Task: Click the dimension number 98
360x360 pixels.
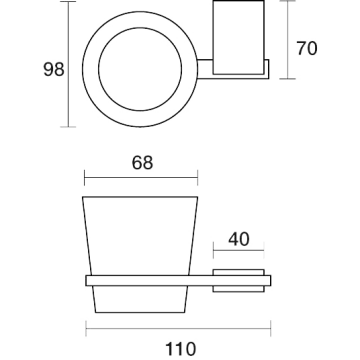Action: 54,70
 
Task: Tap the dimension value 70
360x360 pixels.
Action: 307,48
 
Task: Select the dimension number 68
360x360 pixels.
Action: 142,163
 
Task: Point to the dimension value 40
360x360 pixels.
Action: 239,239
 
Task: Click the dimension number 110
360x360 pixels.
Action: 180,349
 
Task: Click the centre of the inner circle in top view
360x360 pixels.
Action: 140,69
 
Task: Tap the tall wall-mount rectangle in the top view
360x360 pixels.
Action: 239,37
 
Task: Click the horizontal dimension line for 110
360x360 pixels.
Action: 178,328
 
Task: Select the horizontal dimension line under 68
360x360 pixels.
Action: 141,177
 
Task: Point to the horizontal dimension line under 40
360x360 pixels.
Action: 239,250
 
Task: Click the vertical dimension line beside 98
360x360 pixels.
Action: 68,64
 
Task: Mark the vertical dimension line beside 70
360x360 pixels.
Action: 287,40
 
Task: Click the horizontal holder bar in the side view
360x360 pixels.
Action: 178,281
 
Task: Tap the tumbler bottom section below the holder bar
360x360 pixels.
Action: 140,299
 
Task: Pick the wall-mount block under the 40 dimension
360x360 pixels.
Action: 239,281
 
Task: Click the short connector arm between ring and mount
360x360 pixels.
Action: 205,70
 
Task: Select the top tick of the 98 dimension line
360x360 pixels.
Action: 68,2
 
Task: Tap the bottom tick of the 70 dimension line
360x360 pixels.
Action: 287,79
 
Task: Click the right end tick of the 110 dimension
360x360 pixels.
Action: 271,328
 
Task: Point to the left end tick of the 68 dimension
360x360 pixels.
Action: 85,177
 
